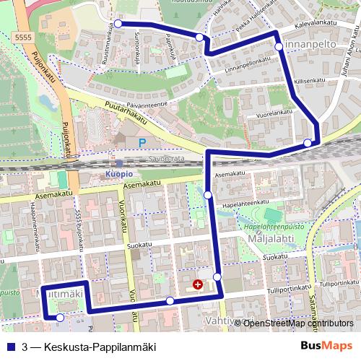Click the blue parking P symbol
coord(142,142)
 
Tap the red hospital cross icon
coord(199,284)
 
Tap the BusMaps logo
coord(326,345)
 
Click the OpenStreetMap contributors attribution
coord(297,323)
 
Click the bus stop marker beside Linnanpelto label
coord(279,46)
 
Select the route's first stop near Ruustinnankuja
coord(118,24)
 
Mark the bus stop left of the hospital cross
coord(170,300)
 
